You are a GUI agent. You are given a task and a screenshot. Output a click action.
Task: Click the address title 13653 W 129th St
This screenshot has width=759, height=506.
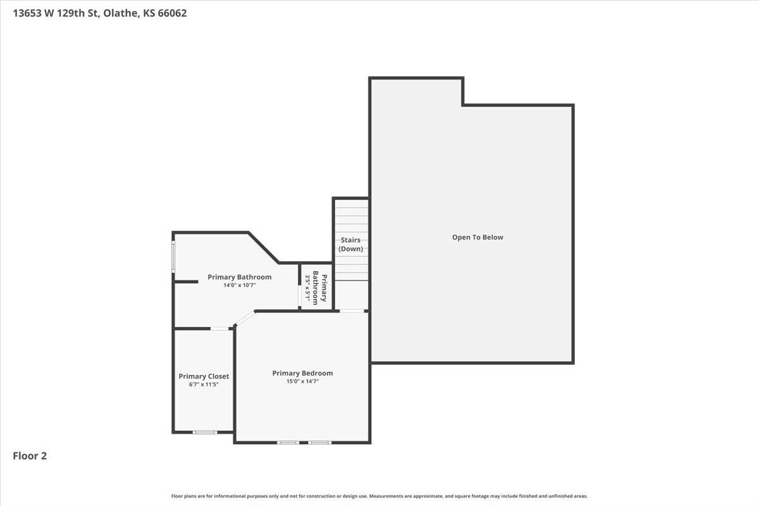coord(100,13)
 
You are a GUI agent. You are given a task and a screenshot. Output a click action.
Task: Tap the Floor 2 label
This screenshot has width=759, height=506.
coord(30,455)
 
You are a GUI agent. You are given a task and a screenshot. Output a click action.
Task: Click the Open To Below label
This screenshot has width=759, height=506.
coord(478,237)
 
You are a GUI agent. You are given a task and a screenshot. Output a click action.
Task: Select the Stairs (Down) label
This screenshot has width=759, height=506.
coord(351,244)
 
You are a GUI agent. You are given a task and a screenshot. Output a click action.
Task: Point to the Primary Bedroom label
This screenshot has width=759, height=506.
coord(302,373)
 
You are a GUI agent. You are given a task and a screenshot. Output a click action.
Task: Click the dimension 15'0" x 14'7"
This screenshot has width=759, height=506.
coord(302,381)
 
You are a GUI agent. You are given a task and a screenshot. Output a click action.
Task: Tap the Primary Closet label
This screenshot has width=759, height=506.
coord(204,376)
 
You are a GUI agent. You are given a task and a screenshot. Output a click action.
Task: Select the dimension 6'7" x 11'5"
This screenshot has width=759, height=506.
coord(204,385)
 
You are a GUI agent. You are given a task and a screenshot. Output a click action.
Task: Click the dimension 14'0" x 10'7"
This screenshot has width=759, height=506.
coord(239,285)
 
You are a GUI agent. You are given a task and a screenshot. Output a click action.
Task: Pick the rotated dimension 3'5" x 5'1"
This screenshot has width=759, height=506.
coord(308,288)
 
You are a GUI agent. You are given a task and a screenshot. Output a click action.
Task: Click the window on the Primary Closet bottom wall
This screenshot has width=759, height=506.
coord(205,432)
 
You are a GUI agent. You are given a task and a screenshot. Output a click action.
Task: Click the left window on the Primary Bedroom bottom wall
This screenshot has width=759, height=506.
coord(288,442)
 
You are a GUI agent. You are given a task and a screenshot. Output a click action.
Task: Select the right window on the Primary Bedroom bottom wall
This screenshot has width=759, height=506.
coord(319,442)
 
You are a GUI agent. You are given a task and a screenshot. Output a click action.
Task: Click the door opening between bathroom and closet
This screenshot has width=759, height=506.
coord(220,328)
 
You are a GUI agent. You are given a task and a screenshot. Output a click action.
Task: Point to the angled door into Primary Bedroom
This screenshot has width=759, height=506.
coord(244,318)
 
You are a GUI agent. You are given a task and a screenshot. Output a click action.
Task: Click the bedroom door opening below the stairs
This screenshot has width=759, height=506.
coord(352,311)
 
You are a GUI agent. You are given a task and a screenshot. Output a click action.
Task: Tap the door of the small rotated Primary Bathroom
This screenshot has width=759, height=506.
coord(300,297)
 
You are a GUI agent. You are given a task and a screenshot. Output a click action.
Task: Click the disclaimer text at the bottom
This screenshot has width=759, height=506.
coord(379,497)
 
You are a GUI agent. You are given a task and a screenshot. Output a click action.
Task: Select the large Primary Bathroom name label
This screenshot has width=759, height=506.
coord(239,277)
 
